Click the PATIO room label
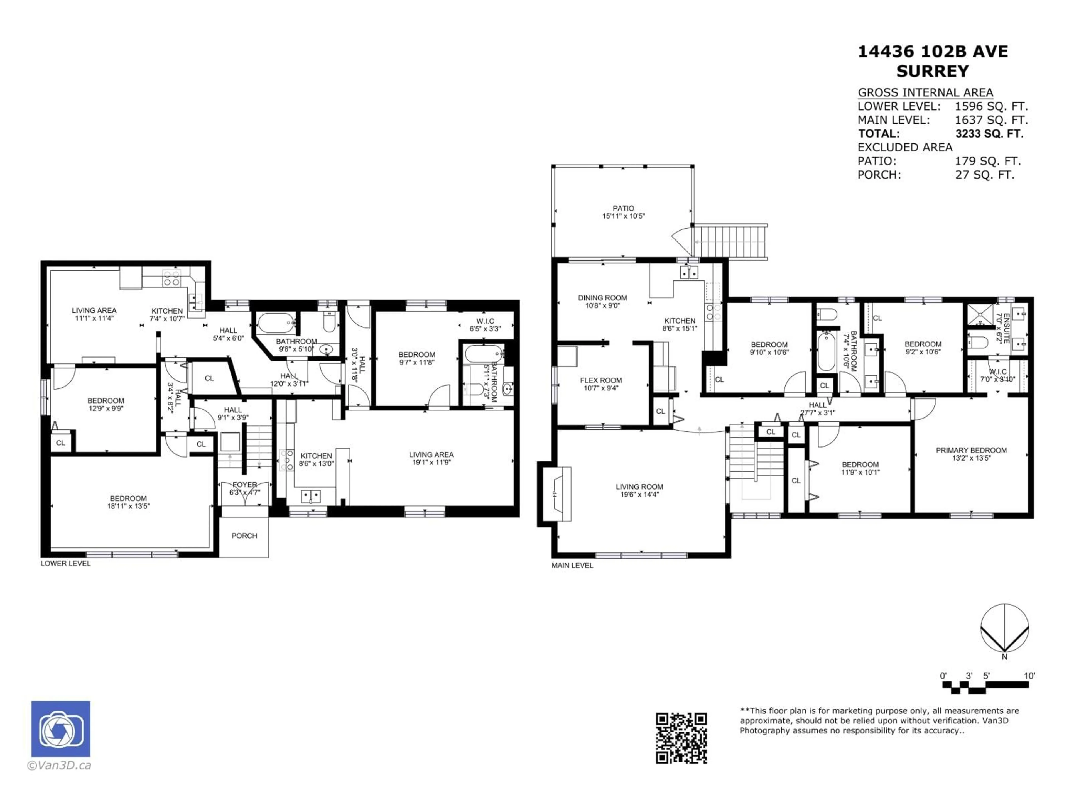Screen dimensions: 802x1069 click(623, 208)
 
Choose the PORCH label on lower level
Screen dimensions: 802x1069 click(244, 536)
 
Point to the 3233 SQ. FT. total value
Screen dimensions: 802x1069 click(989, 134)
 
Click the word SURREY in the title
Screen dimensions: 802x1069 click(932, 72)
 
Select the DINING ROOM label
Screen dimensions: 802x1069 click(602, 298)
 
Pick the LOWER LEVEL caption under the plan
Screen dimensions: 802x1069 click(65, 563)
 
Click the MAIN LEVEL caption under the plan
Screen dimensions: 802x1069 click(572, 565)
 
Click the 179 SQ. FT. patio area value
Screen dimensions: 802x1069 click(987, 161)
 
